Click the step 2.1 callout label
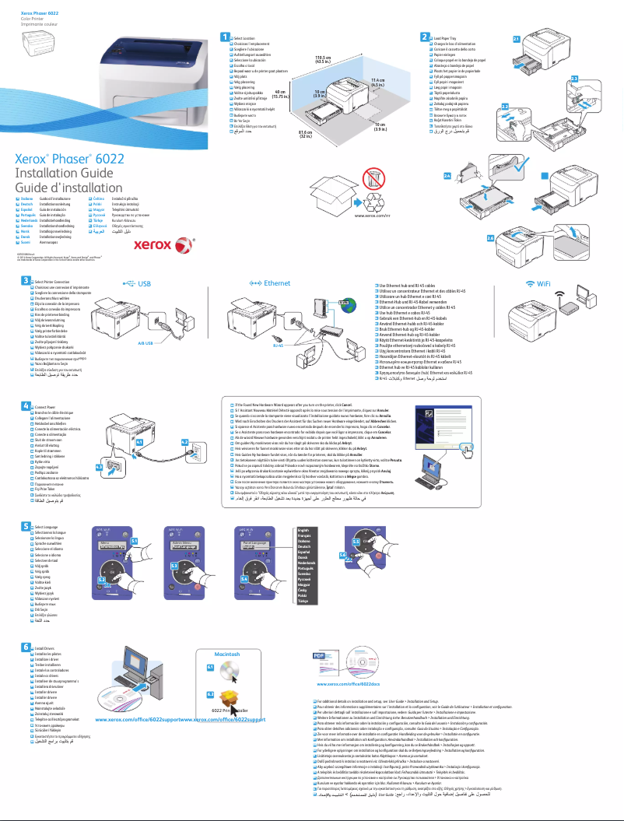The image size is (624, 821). point(517,38)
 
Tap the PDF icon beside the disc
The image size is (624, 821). point(320,656)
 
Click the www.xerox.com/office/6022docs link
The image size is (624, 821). point(349,683)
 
